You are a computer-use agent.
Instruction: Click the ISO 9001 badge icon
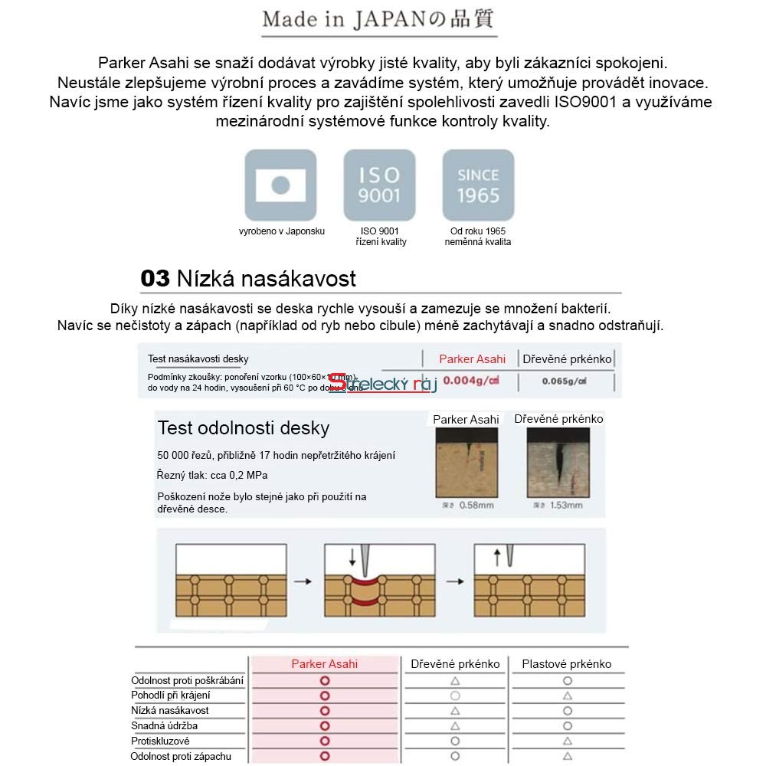click(379, 185)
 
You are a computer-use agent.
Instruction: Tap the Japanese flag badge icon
click(280, 185)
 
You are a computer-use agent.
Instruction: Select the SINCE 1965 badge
click(478, 185)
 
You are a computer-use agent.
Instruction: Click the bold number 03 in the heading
click(155, 278)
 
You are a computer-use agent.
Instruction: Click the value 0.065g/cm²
click(565, 381)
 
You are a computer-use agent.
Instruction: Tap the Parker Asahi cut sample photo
click(466, 463)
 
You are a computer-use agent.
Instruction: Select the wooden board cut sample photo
click(558, 463)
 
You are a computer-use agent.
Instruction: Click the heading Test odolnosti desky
click(243, 427)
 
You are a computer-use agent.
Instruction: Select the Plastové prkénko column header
click(567, 664)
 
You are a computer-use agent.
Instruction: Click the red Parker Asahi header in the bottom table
click(324, 664)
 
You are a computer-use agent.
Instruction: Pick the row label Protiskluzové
click(160, 741)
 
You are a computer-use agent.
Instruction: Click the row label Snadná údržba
click(164, 726)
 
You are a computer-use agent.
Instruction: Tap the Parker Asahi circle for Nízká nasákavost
click(325, 711)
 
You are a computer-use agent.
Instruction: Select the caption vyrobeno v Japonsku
click(282, 231)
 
